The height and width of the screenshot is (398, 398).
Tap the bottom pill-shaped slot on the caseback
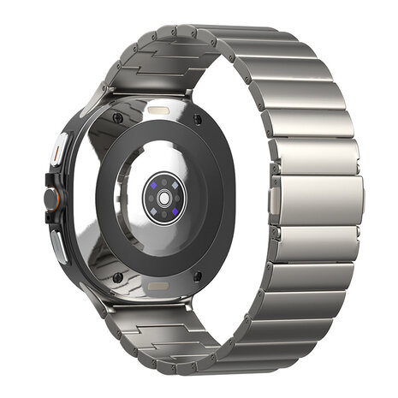(x=159, y=280)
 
